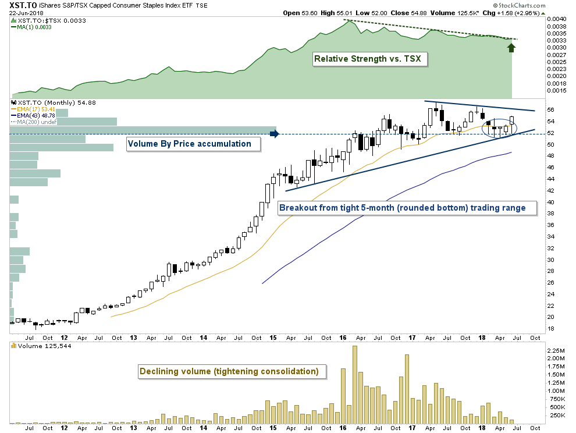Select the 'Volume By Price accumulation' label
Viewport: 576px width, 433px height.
[x=189, y=143]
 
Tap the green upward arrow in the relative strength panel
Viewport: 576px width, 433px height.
[x=511, y=45]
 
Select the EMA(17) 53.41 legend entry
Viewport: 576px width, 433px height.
[x=34, y=109]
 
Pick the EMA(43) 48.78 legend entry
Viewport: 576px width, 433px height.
[x=34, y=115]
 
